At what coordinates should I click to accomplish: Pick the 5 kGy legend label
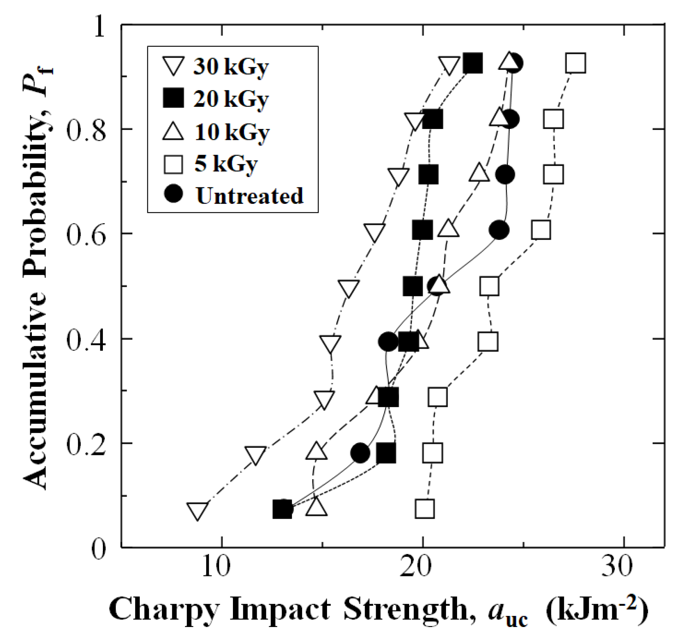tap(226, 164)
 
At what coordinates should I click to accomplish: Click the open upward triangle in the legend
tap(173, 131)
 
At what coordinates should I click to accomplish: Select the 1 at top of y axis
tap(99, 27)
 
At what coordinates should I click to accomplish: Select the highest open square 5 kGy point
tap(576, 63)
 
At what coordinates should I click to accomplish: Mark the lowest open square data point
tap(424, 509)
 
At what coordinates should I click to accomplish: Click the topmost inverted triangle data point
tap(449, 66)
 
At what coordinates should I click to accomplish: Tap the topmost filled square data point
tap(473, 63)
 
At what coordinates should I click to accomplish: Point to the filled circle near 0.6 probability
tap(499, 230)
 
